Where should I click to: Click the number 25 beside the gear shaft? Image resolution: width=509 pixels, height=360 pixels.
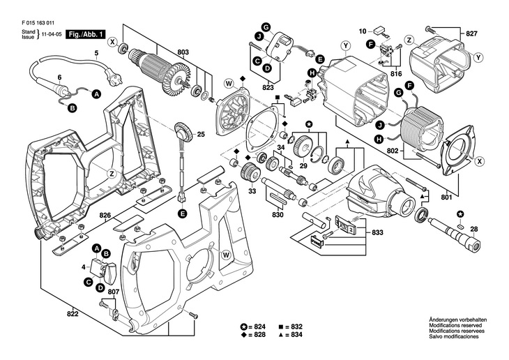click(x=200, y=134)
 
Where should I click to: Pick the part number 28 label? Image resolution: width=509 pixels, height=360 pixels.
click(x=474, y=230)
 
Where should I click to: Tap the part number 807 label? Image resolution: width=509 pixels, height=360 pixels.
click(x=114, y=292)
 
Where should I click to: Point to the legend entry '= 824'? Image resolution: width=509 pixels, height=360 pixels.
click(x=256, y=327)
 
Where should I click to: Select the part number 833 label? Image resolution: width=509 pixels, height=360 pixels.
click(x=377, y=232)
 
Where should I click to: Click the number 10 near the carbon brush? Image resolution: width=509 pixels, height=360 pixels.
click(x=363, y=31)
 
